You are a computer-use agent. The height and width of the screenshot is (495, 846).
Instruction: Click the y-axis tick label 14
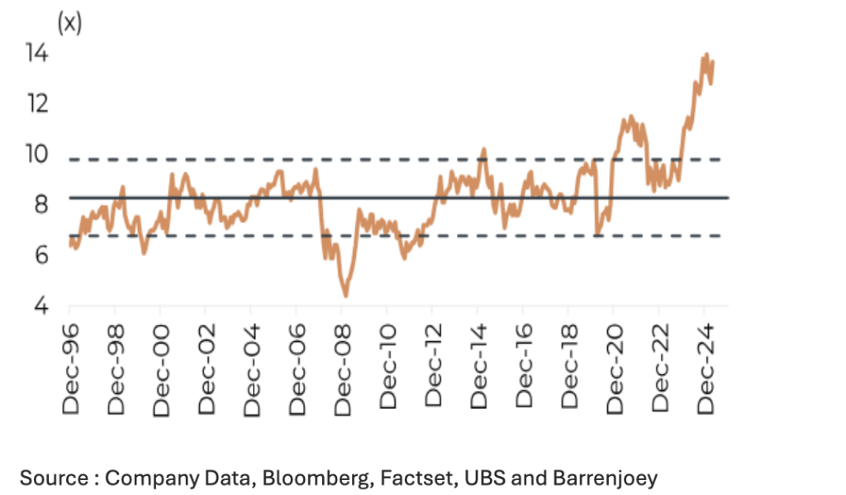[38, 53]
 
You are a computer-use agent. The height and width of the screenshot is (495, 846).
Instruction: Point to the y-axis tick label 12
[38, 103]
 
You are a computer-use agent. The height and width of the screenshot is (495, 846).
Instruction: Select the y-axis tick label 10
[38, 154]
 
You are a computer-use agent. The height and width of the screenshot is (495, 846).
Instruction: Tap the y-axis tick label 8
[41, 204]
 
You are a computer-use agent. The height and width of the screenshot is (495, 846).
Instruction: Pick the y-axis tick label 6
[41, 255]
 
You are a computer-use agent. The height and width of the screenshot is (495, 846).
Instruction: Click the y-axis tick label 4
[41, 305]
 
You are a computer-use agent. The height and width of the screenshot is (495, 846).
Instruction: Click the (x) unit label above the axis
[69, 22]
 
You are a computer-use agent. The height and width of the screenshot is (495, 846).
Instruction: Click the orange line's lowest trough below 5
[345, 295]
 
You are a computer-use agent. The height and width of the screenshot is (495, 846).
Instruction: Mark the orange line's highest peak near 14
[706, 55]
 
